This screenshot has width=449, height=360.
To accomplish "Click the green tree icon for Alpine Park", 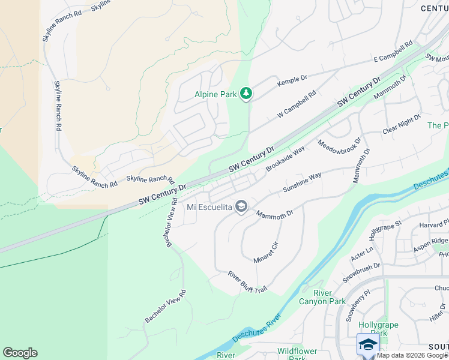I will click(x=246, y=93).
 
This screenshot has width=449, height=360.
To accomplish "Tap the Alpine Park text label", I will click(x=215, y=94).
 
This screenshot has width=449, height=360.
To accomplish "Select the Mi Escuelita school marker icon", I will click(x=241, y=207).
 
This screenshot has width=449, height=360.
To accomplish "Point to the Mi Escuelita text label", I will click(x=208, y=208).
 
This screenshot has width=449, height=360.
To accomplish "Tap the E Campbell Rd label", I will click(x=393, y=52).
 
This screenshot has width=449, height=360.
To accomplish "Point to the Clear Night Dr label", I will click(x=402, y=125).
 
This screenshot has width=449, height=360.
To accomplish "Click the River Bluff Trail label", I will click(x=247, y=282).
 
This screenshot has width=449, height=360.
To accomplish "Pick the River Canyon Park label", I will click(x=330, y=297).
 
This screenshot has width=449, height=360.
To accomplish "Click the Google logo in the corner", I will click(x=20, y=353).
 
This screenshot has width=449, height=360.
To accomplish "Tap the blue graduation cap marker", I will click(x=368, y=344).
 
